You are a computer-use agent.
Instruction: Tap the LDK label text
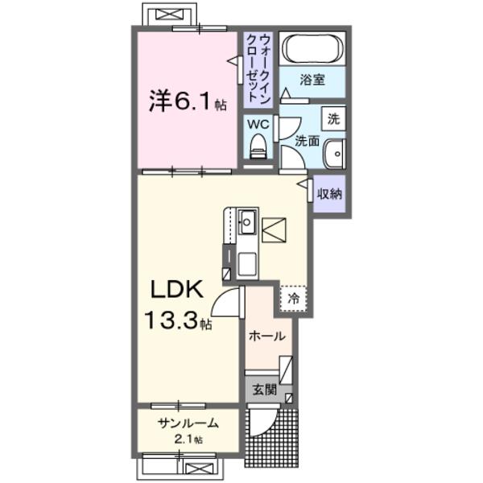pos(178,289)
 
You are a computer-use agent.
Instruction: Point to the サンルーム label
pos(188,424)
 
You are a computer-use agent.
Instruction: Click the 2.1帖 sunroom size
pos(186,440)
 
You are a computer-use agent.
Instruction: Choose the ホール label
pos(266,337)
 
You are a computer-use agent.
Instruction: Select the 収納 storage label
pos(329,193)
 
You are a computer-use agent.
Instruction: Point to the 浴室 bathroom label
pos(312,80)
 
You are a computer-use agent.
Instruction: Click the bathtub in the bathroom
pos(312,50)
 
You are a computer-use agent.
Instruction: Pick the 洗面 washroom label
pos(307,141)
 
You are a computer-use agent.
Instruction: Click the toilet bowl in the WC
pos(258,147)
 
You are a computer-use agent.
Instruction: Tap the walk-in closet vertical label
pos(258,64)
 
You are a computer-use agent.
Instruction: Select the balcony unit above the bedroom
pos(169,14)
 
